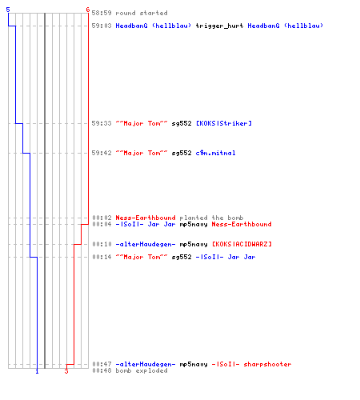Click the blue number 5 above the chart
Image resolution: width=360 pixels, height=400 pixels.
coord(8,10)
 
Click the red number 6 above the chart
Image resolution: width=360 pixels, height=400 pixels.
coord(88,10)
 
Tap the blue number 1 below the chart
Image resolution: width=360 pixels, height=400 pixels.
coord(37,371)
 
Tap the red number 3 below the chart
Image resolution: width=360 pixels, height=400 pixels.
coord(66,371)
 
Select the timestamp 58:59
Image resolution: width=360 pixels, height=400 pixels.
coord(102,13)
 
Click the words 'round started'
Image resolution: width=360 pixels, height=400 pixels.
coord(142,13)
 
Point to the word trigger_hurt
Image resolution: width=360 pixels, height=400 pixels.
coord(219,26)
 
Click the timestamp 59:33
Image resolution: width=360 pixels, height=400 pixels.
coord(102,123)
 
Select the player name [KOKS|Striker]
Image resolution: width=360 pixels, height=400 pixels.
coord(224,123)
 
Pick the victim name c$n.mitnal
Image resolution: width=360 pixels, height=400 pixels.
coord(215,153)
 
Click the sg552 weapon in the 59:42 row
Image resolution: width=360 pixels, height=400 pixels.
coord(182,153)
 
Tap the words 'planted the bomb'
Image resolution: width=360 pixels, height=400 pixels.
coord(211,218)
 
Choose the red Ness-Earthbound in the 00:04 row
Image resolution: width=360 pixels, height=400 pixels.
coord(242,224)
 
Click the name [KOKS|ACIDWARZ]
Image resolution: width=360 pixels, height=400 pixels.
coord(242,244)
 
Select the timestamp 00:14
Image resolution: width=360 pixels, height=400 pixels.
coord(102,257)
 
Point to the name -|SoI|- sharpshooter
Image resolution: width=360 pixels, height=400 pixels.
coord(251,364)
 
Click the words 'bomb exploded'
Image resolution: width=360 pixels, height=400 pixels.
coord(142,370)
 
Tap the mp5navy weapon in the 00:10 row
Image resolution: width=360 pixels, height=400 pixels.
coord(194,244)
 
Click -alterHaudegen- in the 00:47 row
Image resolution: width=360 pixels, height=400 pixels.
coord(146,364)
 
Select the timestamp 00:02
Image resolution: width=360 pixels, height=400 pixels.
coord(102,218)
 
